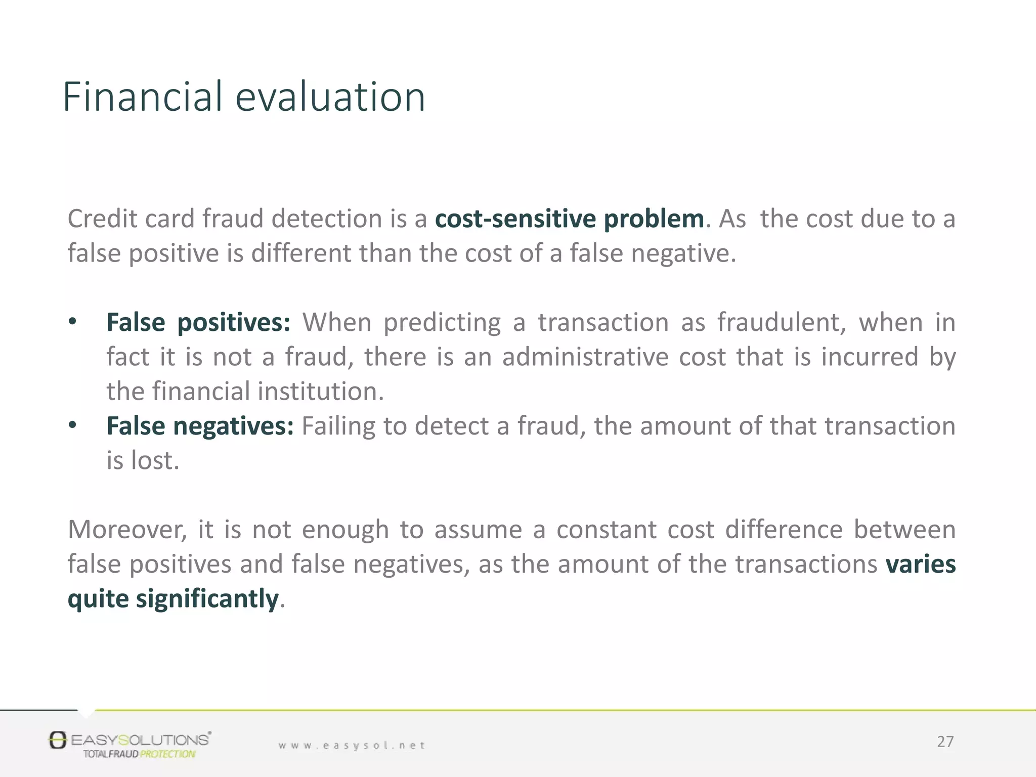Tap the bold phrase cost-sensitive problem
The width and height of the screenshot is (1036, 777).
(569, 219)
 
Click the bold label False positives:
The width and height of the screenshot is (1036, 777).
(198, 323)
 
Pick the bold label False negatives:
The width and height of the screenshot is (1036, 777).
(200, 426)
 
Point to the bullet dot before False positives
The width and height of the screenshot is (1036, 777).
(73, 322)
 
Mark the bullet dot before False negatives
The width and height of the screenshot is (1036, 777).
(73, 425)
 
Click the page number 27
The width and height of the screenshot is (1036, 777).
(945, 742)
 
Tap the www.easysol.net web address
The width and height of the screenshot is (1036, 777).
(352, 745)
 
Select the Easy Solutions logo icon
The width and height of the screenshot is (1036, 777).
(58, 740)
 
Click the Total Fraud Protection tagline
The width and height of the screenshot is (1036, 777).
(139, 754)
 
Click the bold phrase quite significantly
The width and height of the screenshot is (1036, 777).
(173, 599)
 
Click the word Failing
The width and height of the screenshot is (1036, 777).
(338, 426)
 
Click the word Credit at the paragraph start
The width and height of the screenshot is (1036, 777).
(102, 219)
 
